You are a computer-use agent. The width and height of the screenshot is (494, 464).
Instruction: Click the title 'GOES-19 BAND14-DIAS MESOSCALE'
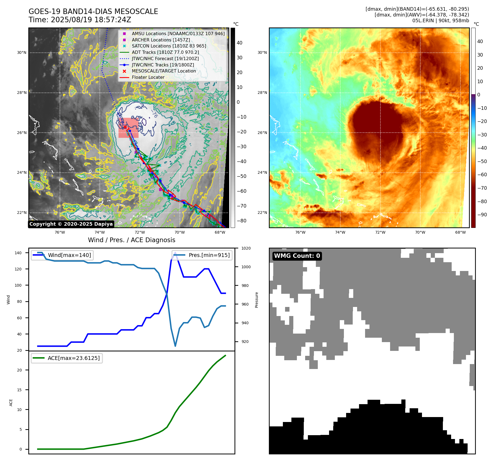(93, 12)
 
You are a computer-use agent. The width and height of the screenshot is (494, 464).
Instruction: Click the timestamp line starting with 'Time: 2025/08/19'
(80, 20)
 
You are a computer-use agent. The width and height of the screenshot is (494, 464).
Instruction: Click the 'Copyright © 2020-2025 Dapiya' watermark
(71, 224)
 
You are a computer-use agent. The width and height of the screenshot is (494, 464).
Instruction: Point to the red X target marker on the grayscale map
(125, 127)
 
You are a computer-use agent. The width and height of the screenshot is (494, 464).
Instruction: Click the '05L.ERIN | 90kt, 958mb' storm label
(440, 21)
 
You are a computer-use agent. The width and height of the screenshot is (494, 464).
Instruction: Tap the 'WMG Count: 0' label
(297, 256)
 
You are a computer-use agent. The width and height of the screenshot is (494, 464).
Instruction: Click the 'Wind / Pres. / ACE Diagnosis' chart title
(131, 240)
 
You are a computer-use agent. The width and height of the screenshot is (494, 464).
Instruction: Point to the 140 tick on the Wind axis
(18, 253)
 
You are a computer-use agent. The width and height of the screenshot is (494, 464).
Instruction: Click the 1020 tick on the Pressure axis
(246, 248)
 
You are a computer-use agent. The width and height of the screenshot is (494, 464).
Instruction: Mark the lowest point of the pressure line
(175, 346)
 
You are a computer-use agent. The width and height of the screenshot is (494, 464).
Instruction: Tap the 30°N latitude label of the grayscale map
(22, 52)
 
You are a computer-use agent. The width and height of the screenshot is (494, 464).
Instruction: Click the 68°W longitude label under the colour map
(460, 232)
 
